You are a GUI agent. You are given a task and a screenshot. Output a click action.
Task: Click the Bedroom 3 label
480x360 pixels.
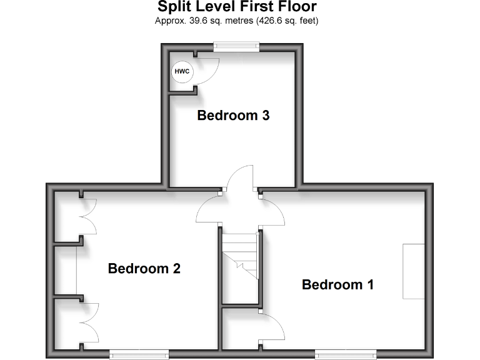point(233,116)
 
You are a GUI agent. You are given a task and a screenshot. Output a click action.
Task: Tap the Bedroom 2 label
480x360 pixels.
point(144,269)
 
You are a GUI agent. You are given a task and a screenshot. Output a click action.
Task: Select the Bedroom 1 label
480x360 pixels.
point(337,285)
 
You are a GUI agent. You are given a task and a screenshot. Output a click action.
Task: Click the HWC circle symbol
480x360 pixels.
point(182,72)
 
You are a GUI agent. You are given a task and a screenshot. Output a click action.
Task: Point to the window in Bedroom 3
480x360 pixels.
point(236,45)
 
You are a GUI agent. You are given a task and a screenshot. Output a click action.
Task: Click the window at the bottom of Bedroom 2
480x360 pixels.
point(139,354)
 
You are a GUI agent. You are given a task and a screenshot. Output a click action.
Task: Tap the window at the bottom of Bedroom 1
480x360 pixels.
point(346,354)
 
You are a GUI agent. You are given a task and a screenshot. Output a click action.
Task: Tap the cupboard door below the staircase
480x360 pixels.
point(272,327)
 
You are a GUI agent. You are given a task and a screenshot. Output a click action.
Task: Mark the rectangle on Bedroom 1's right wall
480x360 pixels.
point(413,271)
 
